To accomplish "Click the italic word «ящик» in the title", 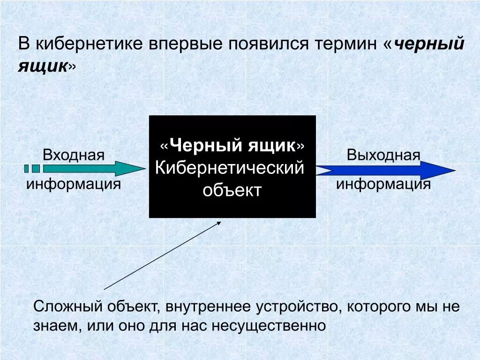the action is [x=43, y=66].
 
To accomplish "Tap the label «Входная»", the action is [x=74, y=155].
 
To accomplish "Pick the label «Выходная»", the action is [x=383, y=155].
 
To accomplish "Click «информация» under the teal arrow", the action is [x=74, y=184].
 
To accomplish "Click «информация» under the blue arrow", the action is [x=383, y=184].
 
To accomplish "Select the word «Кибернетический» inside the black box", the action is [x=230, y=168].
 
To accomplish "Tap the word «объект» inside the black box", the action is [x=232, y=191].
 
